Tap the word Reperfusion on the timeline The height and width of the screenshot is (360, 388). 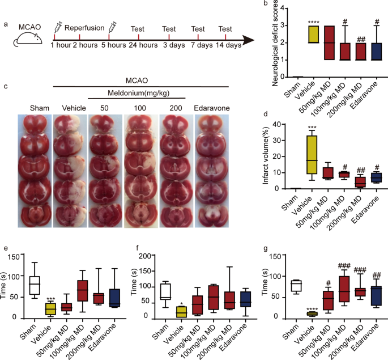(84, 28)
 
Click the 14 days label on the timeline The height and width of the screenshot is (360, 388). (228, 45)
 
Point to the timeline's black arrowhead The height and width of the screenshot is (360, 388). (248, 40)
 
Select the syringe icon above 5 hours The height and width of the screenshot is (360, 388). (112, 27)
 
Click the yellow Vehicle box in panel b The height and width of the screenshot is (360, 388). (313, 34)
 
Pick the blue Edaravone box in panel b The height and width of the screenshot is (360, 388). (376, 52)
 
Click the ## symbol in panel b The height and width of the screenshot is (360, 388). (361, 39)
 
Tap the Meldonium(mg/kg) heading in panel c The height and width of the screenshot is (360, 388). (138, 93)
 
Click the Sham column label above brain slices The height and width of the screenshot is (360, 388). (40, 108)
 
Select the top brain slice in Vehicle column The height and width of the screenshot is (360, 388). (70, 124)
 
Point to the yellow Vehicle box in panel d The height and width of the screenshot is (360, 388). (312, 155)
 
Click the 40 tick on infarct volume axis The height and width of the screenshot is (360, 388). (278, 124)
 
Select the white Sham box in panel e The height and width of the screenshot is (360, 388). (35, 286)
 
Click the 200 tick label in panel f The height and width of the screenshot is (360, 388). (145, 256)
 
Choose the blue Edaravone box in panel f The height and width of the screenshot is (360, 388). (245, 299)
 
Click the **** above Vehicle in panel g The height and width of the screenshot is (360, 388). (312, 309)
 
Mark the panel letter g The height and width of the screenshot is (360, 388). (266, 249)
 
